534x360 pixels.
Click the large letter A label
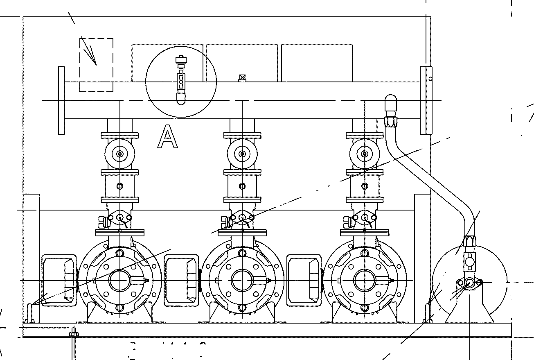168,137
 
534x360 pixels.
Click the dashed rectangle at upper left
96,65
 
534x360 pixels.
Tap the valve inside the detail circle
180,80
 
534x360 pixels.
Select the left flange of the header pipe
61,100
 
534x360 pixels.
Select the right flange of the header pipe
426,100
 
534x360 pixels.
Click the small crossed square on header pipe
242,77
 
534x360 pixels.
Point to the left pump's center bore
119,281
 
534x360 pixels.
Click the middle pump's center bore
242,281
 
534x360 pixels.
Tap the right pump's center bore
365,281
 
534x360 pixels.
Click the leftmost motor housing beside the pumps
59,280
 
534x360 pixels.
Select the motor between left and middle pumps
181,280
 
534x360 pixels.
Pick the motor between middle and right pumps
304,280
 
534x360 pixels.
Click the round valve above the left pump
119,154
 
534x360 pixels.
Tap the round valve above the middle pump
242,154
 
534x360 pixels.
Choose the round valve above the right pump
365,154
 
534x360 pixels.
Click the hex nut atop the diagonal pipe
390,121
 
